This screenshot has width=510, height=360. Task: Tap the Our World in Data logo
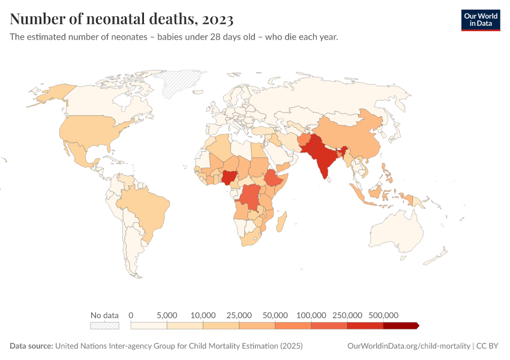(x=480, y=20)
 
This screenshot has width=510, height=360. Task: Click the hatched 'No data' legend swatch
(x=104, y=326)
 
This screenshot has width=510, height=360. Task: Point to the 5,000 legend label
(x=167, y=315)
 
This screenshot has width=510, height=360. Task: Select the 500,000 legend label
(x=383, y=315)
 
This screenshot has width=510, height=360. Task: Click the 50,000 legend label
(x=275, y=315)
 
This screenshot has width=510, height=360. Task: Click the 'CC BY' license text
(x=488, y=346)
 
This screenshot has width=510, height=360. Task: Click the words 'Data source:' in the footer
(x=31, y=346)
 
